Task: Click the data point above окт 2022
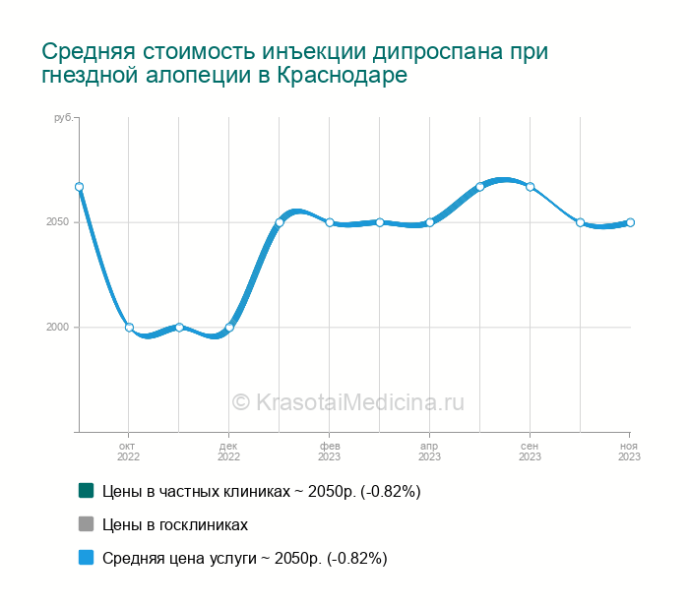129,328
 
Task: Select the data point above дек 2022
229,328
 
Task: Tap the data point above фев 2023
330,222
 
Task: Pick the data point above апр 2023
430,222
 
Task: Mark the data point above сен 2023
531,187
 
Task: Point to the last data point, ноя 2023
630,222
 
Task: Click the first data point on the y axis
79,187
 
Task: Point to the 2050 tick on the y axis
57,222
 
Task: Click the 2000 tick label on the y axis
57,328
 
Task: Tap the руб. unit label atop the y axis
63,118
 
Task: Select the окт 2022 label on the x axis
128,451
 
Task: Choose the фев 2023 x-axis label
329,451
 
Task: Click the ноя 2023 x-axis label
629,451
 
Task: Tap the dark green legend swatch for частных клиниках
86,490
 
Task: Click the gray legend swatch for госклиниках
86,524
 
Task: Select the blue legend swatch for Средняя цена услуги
86,558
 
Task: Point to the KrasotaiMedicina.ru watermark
347,401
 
